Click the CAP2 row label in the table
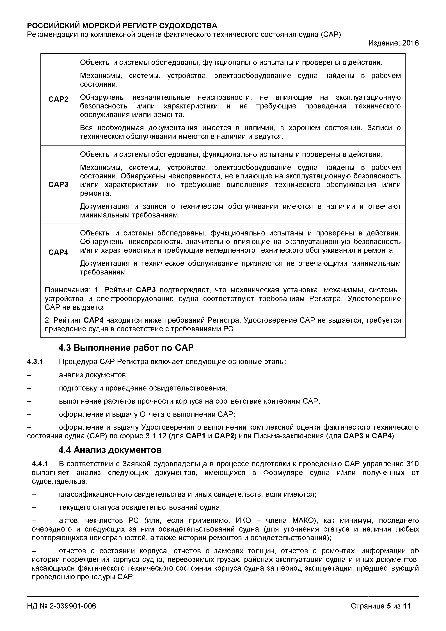tap(58, 99)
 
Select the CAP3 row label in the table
tap(58, 184)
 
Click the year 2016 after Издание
tap(410, 43)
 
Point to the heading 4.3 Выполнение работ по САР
tap(126, 348)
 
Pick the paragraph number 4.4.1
tap(40, 464)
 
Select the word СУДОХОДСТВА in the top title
tap(188, 26)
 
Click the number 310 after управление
tap(413, 464)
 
